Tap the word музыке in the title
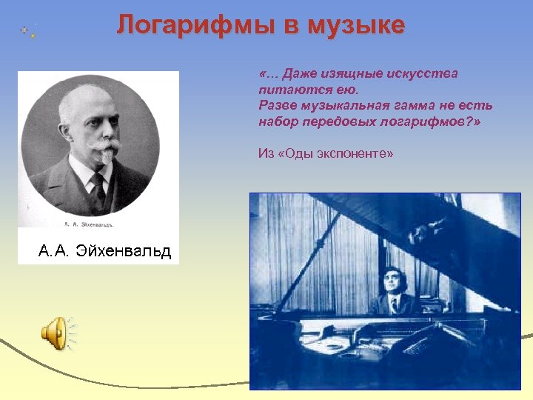click(359, 25)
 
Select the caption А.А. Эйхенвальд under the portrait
click(104, 251)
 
